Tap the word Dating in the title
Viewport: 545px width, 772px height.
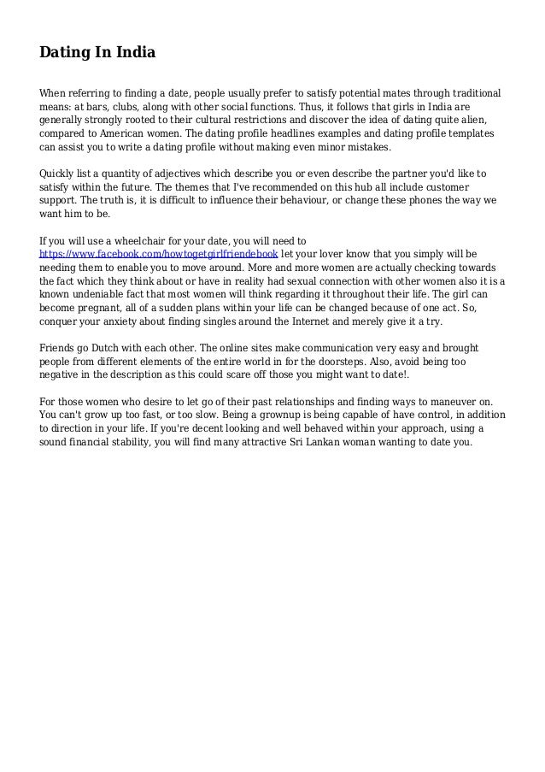click(64, 54)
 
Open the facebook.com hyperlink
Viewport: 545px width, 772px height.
click(159, 255)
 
